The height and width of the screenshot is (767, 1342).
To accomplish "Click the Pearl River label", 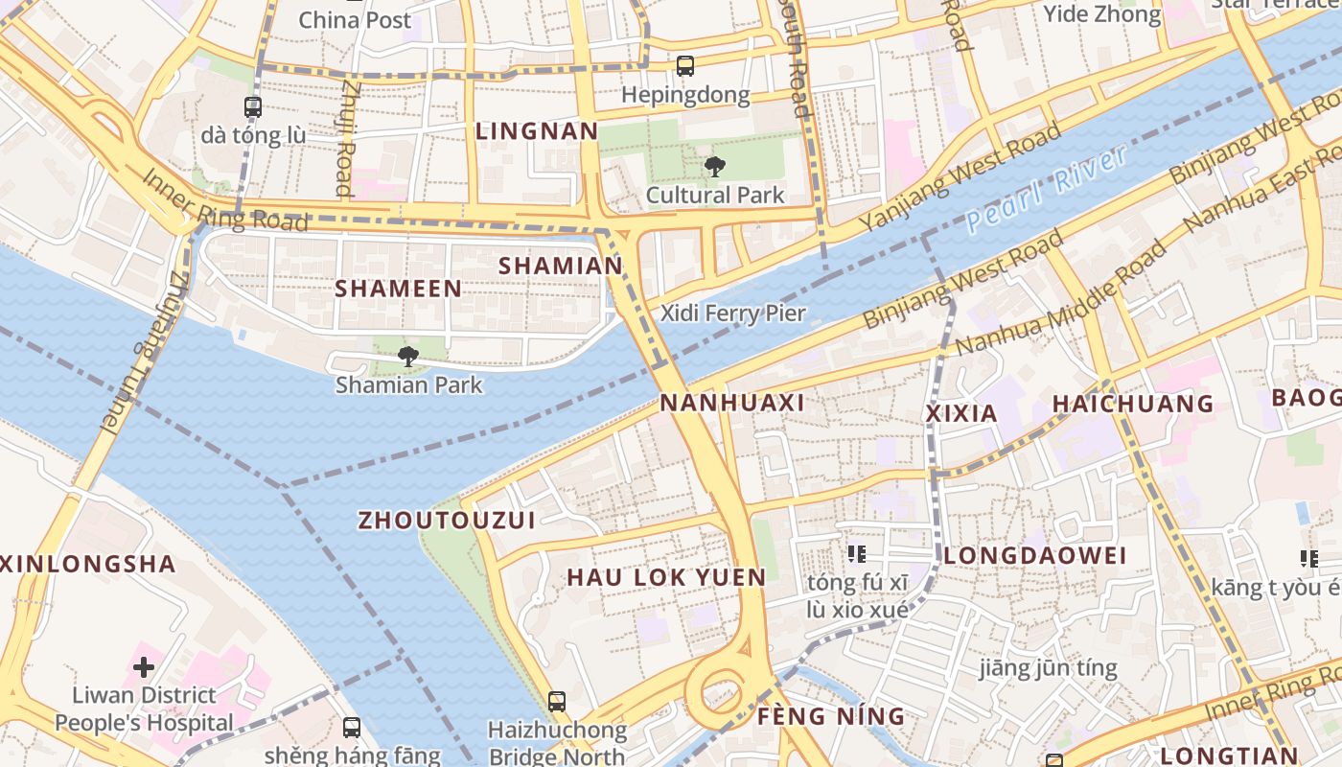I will (1047, 189).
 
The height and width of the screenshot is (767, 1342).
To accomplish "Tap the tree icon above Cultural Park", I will (714, 167).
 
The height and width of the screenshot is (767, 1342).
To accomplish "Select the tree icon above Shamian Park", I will (408, 357).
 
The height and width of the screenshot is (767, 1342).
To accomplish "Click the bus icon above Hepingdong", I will (684, 66).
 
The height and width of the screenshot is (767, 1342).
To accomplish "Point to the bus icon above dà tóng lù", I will (253, 107).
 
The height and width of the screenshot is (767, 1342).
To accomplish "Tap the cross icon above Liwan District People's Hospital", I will (144, 666).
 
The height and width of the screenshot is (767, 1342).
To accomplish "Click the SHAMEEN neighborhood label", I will (398, 288).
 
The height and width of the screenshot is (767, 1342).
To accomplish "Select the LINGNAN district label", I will (537, 131).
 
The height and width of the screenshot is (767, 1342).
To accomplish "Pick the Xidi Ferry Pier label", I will (733, 313).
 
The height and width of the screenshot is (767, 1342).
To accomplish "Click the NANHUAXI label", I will (732, 403).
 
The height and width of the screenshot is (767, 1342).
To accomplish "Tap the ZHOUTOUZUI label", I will (447, 520).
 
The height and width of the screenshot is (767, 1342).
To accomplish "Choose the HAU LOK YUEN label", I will (666, 577).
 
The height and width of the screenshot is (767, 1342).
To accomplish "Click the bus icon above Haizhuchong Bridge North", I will (557, 702).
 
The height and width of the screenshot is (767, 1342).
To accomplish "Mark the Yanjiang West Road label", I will (960, 176).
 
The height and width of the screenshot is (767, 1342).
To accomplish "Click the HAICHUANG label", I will (1133, 404).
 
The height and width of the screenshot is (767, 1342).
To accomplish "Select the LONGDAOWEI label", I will (1035, 556).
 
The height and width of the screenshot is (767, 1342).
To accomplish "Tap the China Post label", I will (355, 19).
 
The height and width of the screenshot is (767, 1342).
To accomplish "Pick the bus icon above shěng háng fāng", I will (352, 728).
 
